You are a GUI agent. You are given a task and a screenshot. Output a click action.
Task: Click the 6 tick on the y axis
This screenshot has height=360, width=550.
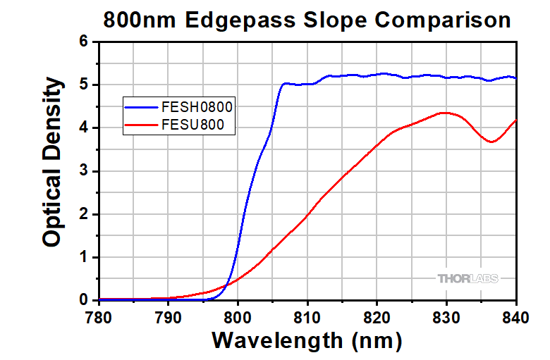[84, 42]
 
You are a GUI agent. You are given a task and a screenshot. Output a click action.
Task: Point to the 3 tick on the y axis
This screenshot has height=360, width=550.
[84, 171]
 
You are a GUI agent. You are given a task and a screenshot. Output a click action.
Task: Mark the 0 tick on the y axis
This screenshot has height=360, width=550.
[84, 301]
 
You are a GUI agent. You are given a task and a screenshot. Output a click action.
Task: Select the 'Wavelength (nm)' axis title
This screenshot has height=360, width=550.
[307, 341]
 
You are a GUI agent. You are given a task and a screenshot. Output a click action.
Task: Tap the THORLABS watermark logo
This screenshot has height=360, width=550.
[468, 278]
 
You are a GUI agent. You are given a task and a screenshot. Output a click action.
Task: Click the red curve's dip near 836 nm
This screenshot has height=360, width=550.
[491, 142]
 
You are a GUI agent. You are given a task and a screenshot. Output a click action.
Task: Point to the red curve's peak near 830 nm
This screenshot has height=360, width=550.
[444, 113]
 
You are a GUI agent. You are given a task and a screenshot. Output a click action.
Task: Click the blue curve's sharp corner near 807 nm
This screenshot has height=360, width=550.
[283, 84]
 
